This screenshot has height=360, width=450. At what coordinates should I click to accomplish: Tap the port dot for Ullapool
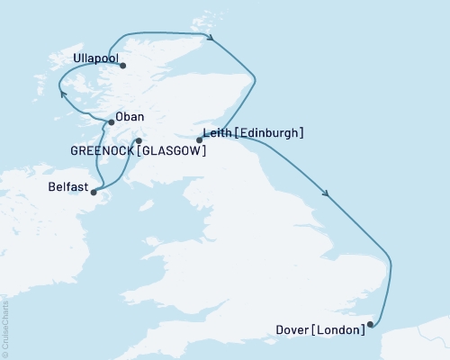[x=122, y=66]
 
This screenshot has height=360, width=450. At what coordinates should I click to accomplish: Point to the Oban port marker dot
[x=111, y=122]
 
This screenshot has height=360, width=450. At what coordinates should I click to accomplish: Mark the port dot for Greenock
[x=138, y=140]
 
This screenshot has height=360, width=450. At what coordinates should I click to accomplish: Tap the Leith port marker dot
[x=199, y=139]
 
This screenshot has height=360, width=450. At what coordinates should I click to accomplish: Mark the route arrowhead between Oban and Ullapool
[x=62, y=93]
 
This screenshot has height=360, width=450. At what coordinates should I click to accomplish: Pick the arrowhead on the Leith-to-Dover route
[x=325, y=193]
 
